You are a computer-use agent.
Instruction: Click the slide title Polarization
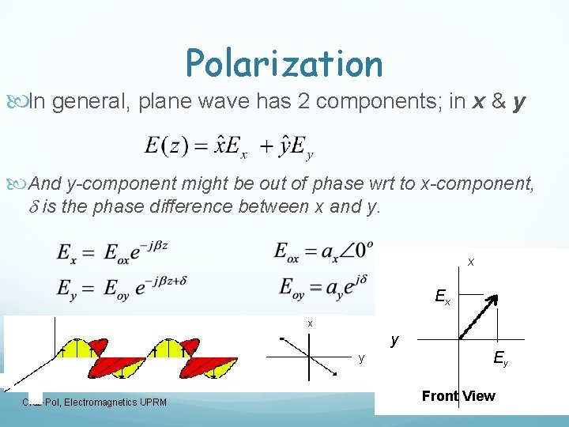[x=284, y=63]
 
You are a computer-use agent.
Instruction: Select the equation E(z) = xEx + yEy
[x=229, y=147]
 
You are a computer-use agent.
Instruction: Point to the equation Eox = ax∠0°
[x=324, y=251]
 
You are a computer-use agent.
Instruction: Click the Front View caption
[x=458, y=396]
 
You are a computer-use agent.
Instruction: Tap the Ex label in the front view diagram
[x=443, y=298]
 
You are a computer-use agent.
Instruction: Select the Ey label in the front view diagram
[x=501, y=360]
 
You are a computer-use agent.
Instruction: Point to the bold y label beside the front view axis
[x=394, y=340]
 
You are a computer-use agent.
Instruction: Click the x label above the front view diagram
[x=471, y=262]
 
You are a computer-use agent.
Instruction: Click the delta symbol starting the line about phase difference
[x=33, y=207]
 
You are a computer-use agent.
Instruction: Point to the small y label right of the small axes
[x=361, y=358]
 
